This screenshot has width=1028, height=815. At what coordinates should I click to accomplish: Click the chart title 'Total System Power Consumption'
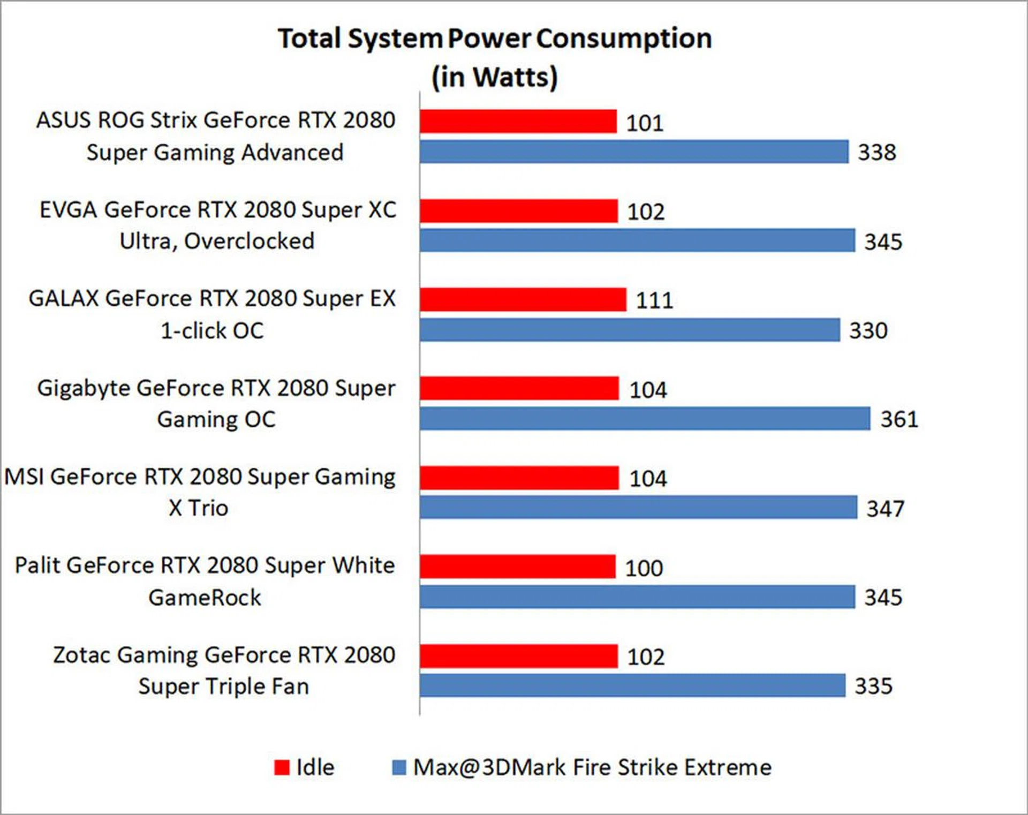pos(495,39)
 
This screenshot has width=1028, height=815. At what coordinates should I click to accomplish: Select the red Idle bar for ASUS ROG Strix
pos(518,122)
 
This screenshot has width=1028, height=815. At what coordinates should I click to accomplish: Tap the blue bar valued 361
pos(645,419)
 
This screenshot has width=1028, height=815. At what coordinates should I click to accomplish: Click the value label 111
pos(654,300)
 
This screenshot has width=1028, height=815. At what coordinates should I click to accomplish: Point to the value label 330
pos(868,330)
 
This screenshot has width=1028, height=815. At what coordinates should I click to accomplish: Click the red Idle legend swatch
pos(282,767)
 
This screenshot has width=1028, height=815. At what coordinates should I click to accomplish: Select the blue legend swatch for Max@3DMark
pos(399,767)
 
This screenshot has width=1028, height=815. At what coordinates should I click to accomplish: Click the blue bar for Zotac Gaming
pos(632,685)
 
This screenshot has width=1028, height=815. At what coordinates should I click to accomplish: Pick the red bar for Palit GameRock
pos(517,567)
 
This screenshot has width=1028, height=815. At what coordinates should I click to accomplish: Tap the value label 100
pos(644,568)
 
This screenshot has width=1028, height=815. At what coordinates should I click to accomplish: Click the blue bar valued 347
pos(638,507)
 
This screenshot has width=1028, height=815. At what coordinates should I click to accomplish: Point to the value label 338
pos(876,152)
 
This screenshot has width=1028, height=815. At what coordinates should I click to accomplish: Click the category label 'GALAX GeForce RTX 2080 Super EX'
pos(212,298)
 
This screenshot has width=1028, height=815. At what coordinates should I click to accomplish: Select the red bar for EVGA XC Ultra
pos(518,211)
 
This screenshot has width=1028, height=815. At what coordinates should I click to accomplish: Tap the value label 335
pos(873,686)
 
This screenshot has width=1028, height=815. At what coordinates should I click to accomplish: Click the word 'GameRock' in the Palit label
pos(205,598)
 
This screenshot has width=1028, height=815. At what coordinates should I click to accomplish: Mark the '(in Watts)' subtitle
pos(495,77)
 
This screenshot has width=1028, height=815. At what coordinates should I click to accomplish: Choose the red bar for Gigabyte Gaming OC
pos(519,388)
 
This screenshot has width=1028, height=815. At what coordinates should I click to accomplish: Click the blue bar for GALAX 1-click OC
pos(630,330)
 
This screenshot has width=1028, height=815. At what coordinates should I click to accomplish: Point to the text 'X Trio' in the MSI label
pos(198,508)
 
